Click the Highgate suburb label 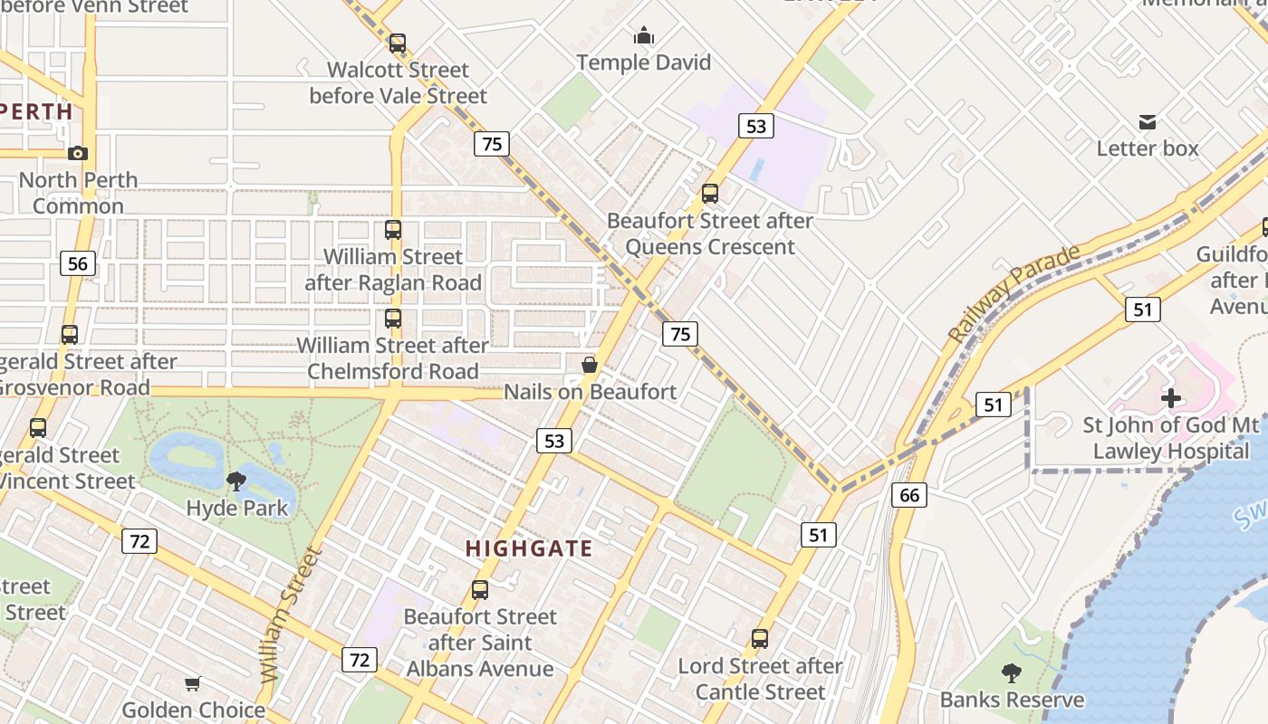coord(529,548)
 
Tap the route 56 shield coord(78,263)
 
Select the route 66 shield coord(909,494)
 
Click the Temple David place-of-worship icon coord(644,36)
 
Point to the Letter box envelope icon coord(1148,122)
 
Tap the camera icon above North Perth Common coord(78,153)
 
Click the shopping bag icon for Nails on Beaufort coord(590,365)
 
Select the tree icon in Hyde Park coord(236,481)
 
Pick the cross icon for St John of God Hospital coord(1171,397)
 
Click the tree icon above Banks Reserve coord(1012,673)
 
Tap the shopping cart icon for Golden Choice coord(192,683)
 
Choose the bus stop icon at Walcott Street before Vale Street coord(397,43)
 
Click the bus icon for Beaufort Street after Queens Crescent coord(710,193)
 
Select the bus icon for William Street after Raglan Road coord(392,230)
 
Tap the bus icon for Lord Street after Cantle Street coord(760,639)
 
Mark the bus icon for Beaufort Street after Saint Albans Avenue coord(480,590)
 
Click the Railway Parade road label coord(1013,293)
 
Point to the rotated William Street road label coord(290,615)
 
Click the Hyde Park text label coord(237,508)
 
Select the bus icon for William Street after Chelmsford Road coord(392,319)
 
